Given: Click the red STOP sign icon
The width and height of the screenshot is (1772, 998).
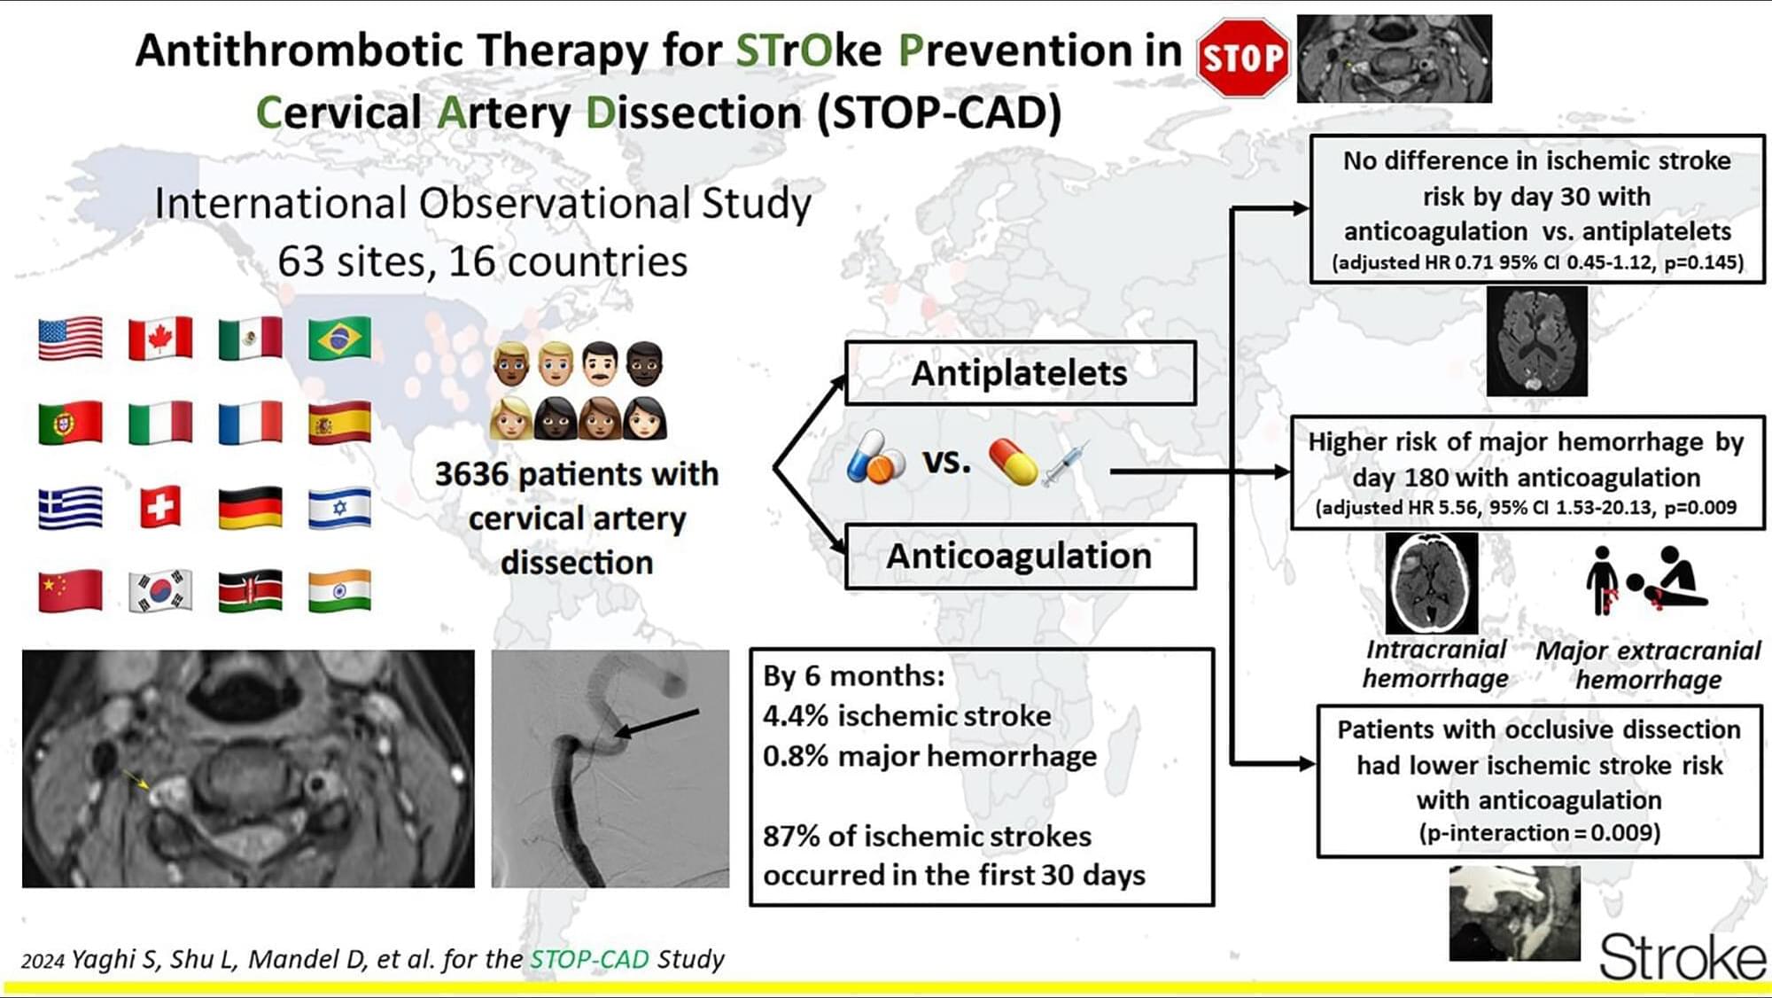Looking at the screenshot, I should pos(1242,58).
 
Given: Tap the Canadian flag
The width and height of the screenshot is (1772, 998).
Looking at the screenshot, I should pos(160,338).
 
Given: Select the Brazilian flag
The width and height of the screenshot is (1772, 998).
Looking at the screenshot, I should pos(339,338).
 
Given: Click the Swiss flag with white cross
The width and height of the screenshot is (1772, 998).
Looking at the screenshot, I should pos(160,508).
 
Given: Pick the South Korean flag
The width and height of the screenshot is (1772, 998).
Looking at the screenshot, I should pos(160,591).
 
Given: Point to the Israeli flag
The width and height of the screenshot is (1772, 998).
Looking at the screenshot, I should pos(339,508).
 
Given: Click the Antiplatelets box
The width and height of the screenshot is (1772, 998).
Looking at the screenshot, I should pos(1020,373).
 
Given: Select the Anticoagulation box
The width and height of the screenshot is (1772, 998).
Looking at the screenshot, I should pos(1020,557).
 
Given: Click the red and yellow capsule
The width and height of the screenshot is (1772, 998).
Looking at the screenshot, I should pos(1013,462).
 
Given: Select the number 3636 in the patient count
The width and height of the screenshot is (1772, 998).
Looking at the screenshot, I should pos(471,474).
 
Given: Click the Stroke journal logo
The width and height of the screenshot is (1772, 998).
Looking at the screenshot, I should pos(1682,957).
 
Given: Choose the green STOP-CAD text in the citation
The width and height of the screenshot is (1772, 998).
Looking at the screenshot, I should pos(589,959).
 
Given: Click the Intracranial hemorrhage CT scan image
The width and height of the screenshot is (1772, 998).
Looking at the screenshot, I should pos(1432,583).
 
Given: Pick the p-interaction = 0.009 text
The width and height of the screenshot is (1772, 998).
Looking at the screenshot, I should pos(1539,833).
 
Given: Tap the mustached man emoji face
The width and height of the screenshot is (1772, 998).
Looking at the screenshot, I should pos(600,363).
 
